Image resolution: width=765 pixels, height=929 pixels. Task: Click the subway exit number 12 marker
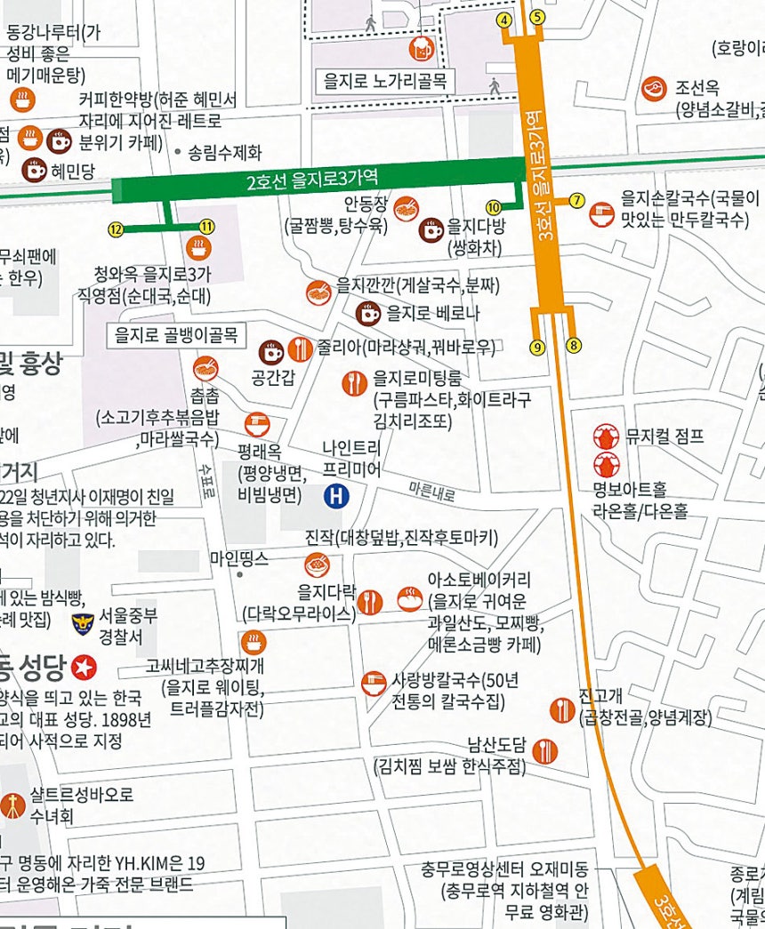(x=115, y=229)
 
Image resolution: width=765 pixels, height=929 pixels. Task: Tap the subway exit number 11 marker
(x=206, y=227)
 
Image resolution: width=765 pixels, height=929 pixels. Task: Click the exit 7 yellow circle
(x=576, y=200)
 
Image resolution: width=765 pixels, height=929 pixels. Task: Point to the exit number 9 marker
(x=537, y=347)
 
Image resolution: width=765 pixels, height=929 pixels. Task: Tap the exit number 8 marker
(x=573, y=345)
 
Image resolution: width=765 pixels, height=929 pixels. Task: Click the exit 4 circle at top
(x=505, y=20)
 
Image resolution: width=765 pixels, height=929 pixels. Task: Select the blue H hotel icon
(x=336, y=496)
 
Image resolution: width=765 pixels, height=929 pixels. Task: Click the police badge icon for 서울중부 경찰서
(x=83, y=623)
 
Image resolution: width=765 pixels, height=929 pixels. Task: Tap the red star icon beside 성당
(x=85, y=666)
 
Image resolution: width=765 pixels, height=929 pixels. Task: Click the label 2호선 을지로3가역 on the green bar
(x=313, y=183)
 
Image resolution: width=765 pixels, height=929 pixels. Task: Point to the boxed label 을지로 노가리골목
(x=385, y=84)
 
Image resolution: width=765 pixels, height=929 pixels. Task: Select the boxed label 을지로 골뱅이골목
(x=176, y=335)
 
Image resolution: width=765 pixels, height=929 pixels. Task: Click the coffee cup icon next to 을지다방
(x=431, y=229)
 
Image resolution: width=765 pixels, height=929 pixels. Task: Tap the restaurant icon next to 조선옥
(x=654, y=88)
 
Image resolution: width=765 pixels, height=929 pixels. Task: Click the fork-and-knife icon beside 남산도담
(x=544, y=751)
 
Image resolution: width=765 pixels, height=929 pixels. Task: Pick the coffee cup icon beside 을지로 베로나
(x=368, y=313)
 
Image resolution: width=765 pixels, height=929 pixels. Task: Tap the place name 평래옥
(x=259, y=450)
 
